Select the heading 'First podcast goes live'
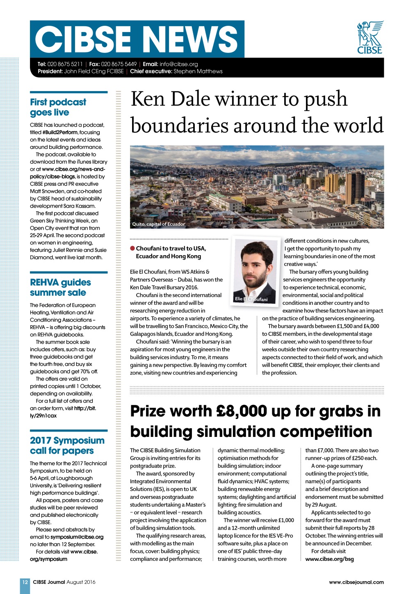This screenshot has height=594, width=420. pos(58,107)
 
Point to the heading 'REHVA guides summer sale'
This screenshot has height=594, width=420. pos(60,287)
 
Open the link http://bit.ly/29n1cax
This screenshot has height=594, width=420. pos(63,412)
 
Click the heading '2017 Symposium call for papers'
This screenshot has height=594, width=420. pos(67,445)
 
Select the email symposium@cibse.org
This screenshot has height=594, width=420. pos(77,537)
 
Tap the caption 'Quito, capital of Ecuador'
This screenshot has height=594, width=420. pos(159,224)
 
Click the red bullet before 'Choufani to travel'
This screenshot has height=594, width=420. pos(132,248)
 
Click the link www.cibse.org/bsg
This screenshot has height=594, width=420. pos(329,559)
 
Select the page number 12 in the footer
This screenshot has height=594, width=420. pos(25,582)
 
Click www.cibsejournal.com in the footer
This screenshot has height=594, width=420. pos(356,582)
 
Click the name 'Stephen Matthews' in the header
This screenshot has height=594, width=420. pos(198,71)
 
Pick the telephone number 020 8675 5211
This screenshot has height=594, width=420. pos(65,64)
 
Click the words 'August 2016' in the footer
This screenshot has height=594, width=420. pos(81,582)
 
